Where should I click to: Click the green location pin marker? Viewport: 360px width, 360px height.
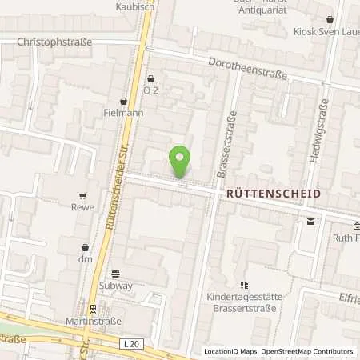click(x=181, y=162)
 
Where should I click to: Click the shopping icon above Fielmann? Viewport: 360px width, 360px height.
click(x=123, y=102)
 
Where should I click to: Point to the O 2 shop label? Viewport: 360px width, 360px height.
click(x=151, y=90)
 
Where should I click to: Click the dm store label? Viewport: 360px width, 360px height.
click(x=85, y=260)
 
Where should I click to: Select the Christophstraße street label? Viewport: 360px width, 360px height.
click(x=54, y=42)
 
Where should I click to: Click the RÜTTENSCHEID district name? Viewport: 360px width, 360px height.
click(x=273, y=194)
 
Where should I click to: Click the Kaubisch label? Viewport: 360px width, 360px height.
click(x=133, y=6)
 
